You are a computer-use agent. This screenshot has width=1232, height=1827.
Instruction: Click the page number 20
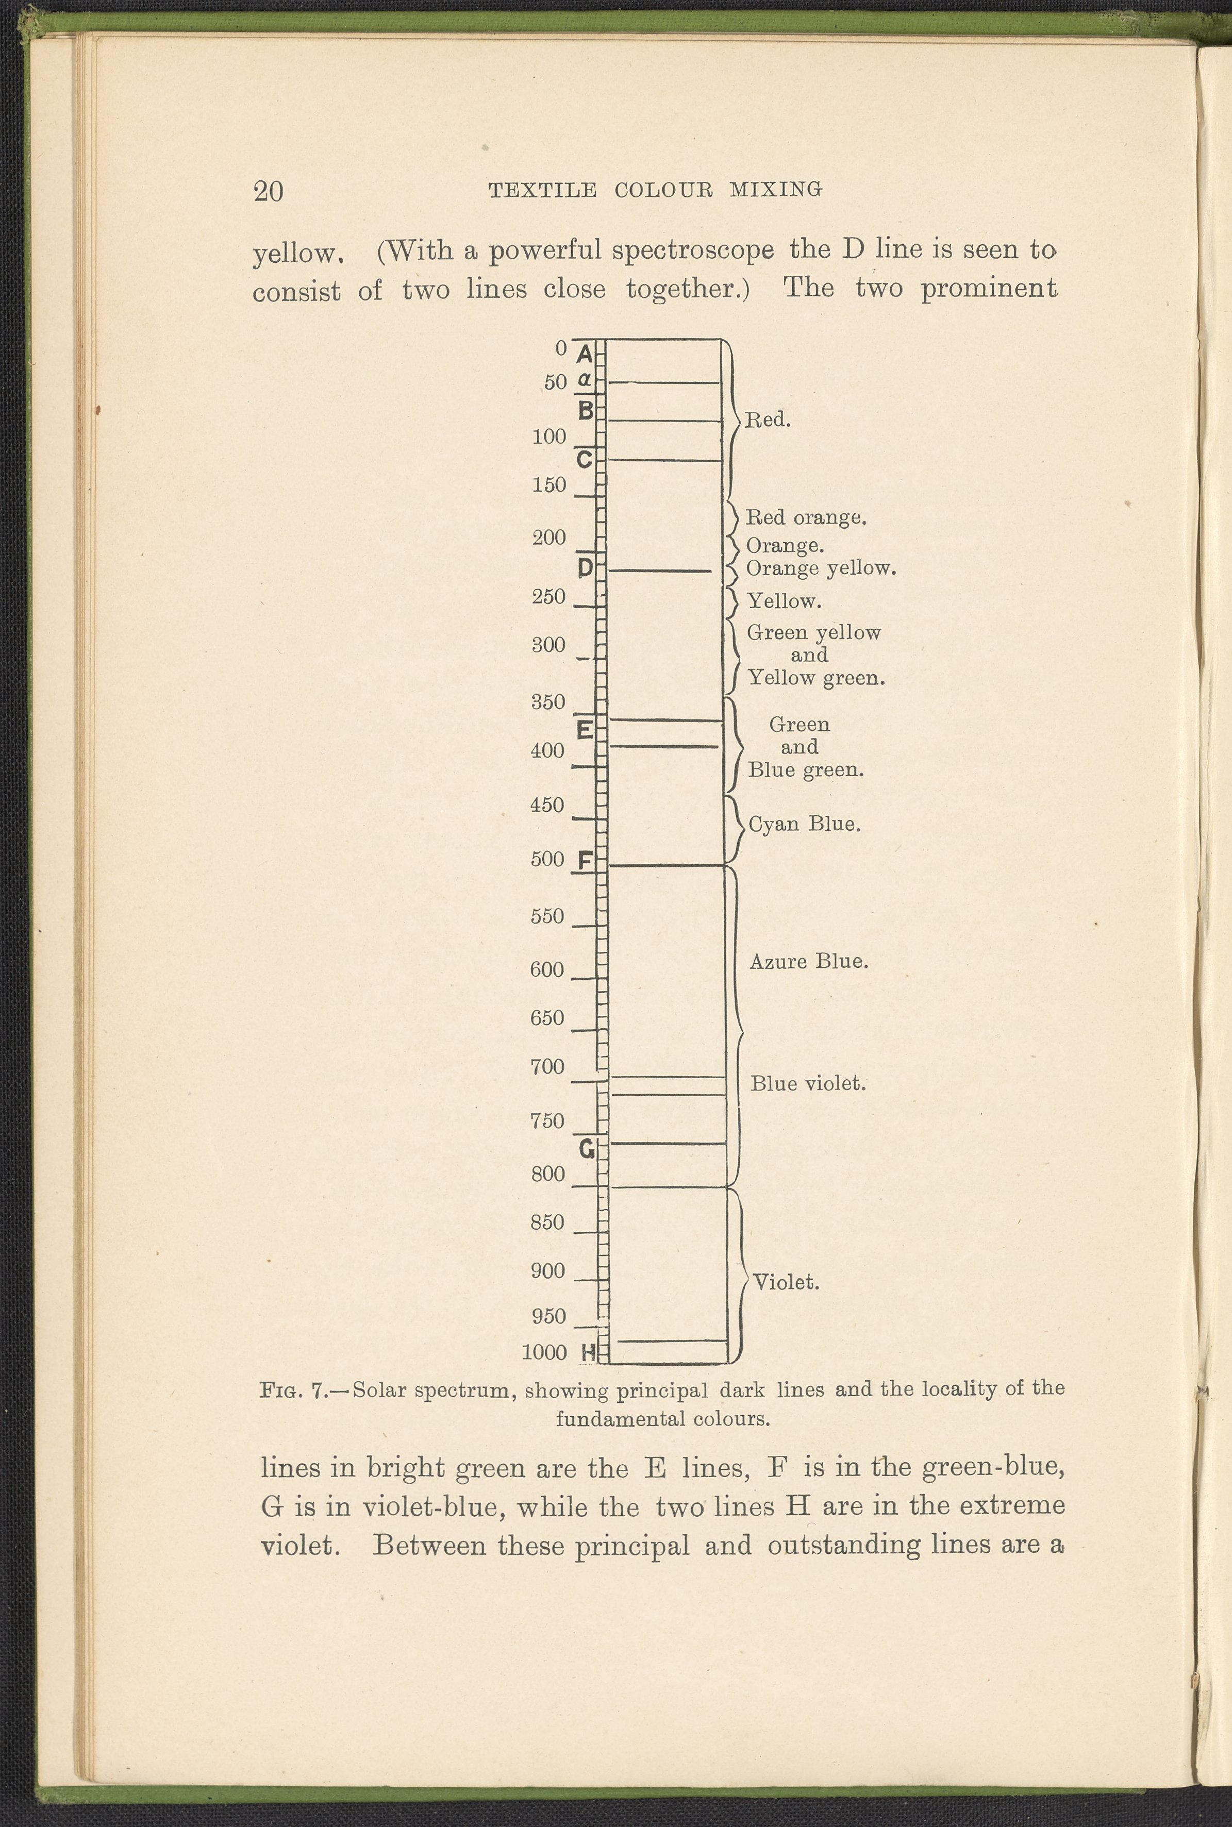[x=268, y=191]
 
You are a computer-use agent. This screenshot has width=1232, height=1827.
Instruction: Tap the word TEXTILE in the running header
[x=542, y=190]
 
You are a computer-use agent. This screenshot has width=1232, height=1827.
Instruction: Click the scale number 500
[x=547, y=859]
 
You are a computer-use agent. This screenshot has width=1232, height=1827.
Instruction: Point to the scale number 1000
[x=544, y=1352]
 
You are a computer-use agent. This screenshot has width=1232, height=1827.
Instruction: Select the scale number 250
[x=548, y=597]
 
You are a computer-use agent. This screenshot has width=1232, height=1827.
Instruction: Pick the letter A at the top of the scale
[x=585, y=355]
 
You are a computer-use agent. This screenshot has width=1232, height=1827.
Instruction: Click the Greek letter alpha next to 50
[x=584, y=380]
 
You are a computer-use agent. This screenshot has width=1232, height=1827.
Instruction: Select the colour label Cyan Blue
[x=804, y=824]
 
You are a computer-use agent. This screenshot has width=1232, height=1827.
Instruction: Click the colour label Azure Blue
[x=808, y=961]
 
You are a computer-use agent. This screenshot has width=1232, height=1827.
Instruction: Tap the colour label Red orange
[x=805, y=517]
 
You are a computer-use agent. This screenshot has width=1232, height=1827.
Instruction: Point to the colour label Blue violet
[x=808, y=1084]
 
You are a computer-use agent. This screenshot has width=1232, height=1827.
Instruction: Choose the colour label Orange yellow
[x=820, y=568]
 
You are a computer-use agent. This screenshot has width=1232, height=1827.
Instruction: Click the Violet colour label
[x=786, y=1283]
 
